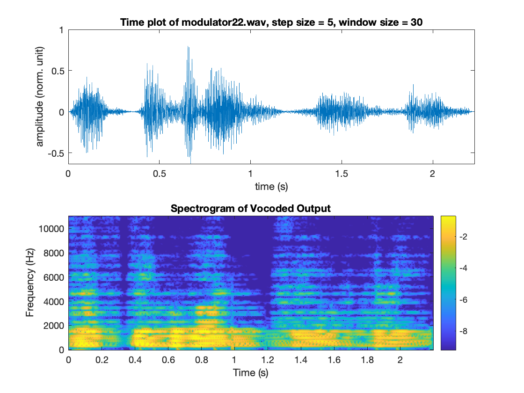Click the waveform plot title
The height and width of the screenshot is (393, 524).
(271, 22)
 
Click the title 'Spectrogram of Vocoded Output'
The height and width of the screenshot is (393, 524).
(251, 209)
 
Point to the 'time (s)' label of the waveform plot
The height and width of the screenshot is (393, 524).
(271, 187)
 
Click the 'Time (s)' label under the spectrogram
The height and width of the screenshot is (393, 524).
(251, 373)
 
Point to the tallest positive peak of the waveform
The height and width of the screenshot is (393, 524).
(188, 47)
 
